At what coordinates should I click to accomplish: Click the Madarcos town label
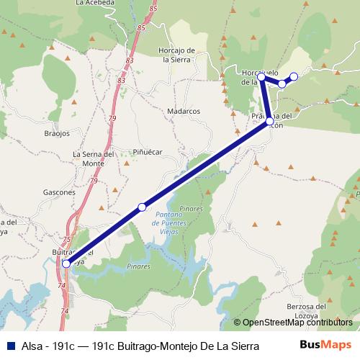(183, 112)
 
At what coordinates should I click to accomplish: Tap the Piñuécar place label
(148, 152)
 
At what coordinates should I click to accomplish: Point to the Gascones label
(59, 193)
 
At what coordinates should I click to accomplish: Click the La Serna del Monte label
(94, 159)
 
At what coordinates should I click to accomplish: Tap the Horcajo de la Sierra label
(180, 55)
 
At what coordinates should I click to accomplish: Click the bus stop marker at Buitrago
(66, 263)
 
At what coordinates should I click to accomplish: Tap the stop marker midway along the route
(142, 207)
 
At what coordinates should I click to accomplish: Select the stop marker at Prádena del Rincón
(269, 121)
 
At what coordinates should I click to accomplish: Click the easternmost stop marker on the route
(294, 76)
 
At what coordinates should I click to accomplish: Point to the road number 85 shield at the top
(153, 9)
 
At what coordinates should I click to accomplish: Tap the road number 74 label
(61, 286)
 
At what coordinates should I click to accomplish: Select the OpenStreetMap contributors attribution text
(296, 323)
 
